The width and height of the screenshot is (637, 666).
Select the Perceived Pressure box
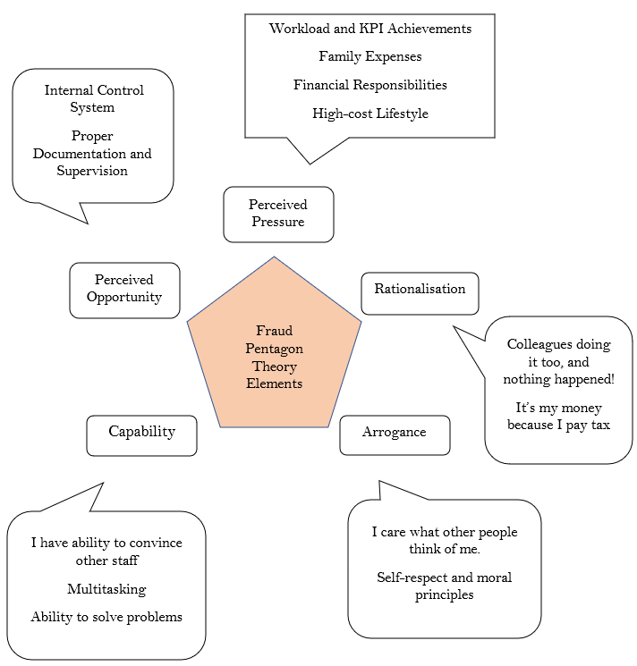[278, 214]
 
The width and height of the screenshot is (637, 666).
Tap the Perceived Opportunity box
[124, 290]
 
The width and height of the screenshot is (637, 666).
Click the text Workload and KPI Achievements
[369, 29]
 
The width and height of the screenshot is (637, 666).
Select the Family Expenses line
[369, 56]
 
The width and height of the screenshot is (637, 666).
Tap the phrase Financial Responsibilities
[369, 85]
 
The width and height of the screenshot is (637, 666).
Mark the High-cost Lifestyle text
[369, 114]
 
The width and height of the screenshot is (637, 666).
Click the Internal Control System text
[93, 99]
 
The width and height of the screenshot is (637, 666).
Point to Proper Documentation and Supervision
[92, 154]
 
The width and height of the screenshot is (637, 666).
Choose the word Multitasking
[106, 589]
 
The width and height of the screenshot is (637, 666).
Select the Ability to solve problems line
[106, 617]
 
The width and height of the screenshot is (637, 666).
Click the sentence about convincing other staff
[106, 552]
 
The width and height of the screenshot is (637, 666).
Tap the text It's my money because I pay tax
[558, 417]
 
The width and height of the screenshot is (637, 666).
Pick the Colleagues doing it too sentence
[558, 361]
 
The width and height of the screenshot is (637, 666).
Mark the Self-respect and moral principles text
[444, 586]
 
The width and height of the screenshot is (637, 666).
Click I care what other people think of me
[444, 541]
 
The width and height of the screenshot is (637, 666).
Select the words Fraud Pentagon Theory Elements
[274, 358]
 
